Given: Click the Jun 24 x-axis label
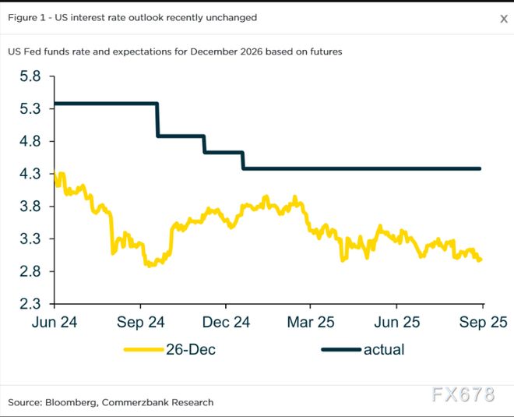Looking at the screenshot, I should (55, 322).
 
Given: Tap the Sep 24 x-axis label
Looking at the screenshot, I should (140, 322).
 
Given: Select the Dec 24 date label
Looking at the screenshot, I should (226, 322).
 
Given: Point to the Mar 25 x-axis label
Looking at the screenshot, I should (311, 322).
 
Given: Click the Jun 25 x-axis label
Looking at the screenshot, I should (396, 322).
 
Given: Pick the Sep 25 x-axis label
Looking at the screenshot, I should (482, 322).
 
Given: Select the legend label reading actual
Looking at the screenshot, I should (384, 350).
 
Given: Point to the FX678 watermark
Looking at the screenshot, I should (463, 395).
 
